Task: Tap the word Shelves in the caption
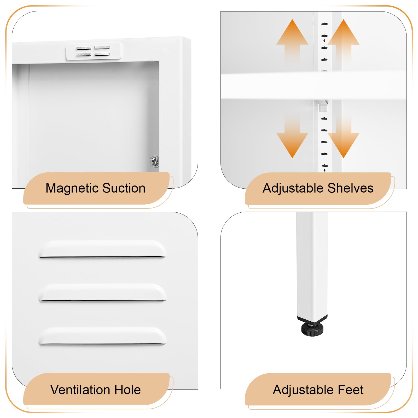(350, 188)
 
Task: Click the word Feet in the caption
(350, 390)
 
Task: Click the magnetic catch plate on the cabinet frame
(93, 51)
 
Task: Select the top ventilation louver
(102, 249)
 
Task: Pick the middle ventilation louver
(102, 293)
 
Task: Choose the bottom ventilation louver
(102, 336)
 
